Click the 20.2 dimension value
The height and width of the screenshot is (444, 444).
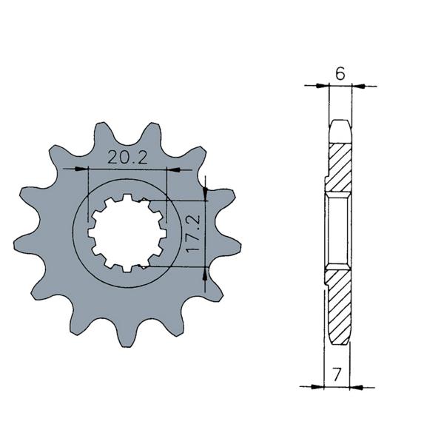tap(127, 157)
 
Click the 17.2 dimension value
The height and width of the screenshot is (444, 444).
tap(193, 234)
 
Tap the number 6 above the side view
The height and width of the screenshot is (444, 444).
tap(340, 73)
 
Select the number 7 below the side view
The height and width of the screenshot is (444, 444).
tap(337, 374)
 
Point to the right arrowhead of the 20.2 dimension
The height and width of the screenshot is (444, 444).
tap(173, 170)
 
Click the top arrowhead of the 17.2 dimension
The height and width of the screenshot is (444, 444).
tap(206, 194)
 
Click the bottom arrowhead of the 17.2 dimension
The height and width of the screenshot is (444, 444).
tap(205, 274)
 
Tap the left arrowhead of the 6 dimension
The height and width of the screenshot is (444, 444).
tap(323, 85)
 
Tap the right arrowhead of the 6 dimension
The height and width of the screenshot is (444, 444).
tap(358, 86)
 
